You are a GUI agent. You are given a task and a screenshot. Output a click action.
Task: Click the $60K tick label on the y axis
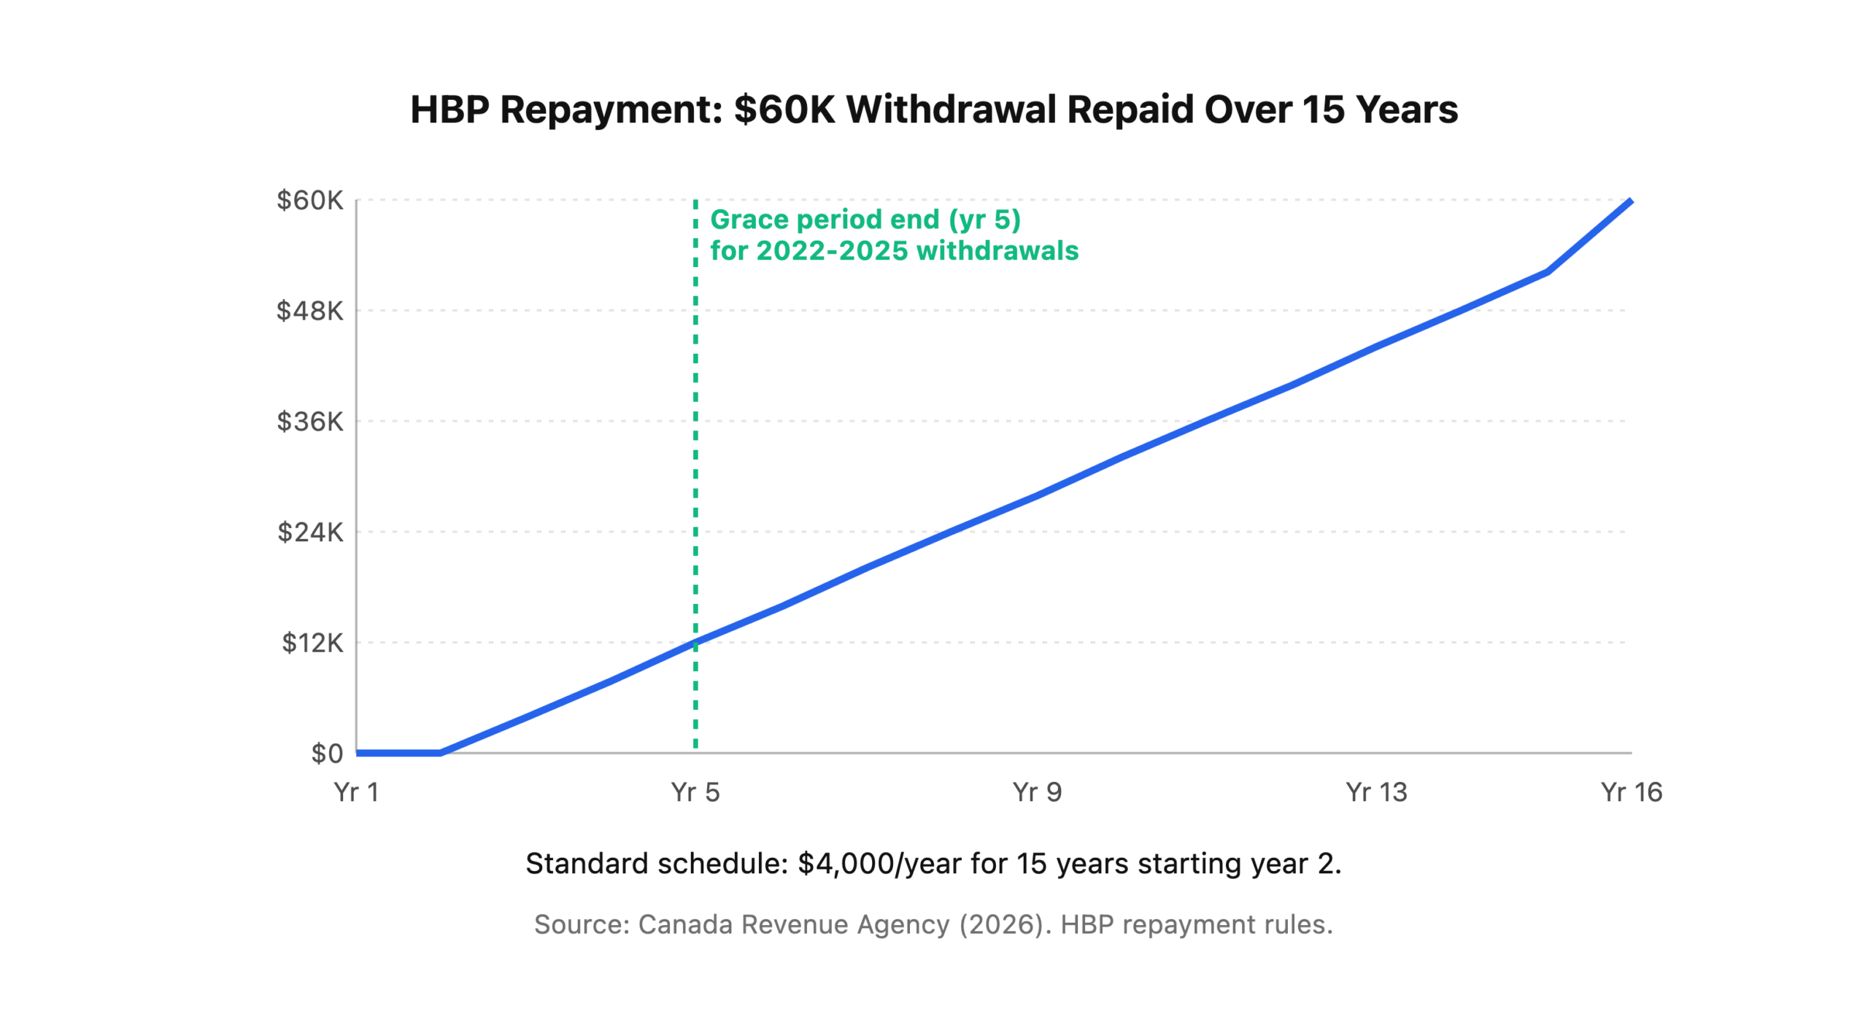[309, 200]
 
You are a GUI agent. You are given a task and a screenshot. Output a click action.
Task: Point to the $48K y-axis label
[309, 311]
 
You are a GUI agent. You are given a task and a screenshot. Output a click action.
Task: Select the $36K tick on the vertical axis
[309, 421]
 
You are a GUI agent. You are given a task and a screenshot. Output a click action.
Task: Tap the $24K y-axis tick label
[309, 532]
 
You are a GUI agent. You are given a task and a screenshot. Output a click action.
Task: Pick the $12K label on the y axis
[312, 643]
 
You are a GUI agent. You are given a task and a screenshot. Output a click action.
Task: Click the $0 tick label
[326, 753]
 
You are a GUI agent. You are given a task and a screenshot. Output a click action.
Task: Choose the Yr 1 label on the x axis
[356, 792]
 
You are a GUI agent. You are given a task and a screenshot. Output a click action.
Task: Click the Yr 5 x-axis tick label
[695, 792]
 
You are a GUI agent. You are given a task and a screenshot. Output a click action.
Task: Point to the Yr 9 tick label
[1036, 792]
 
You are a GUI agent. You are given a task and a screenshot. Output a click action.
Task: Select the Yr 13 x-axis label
[1375, 792]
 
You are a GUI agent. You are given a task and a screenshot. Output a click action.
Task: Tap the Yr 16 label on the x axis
[1630, 792]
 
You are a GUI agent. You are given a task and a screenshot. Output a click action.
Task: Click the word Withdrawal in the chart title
[950, 110]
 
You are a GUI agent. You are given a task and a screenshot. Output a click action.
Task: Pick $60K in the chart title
[784, 110]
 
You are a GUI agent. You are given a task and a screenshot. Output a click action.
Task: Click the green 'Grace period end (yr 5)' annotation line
[865, 220]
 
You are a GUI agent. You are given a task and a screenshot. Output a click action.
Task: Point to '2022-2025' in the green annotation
[831, 251]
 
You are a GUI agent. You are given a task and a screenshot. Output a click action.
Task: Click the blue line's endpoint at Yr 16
[1630, 201]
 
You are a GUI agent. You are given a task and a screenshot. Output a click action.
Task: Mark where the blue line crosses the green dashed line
[695, 643]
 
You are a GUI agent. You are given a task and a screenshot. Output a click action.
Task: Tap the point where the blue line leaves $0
[441, 752]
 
